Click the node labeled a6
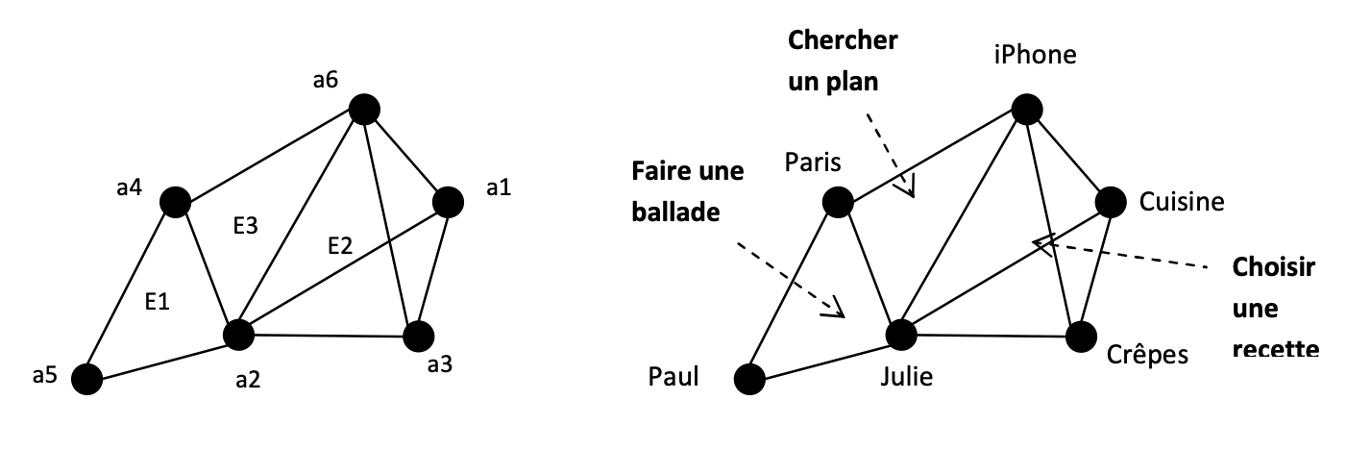click(364, 110)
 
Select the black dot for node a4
click(174, 202)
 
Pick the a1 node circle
click(448, 202)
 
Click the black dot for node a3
click(418, 337)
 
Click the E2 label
click(340, 246)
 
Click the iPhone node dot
click(1025, 110)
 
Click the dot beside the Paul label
click(748, 379)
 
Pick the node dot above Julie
click(900, 335)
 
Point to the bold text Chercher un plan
click(843, 62)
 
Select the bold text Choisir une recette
click(1273, 308)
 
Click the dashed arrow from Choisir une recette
click(1124, 252)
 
